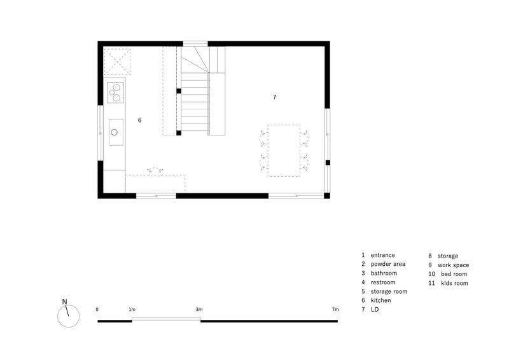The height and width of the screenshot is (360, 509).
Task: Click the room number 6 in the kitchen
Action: (x=139, y=120)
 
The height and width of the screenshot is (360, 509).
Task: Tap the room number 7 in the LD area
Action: (x=275, y=97)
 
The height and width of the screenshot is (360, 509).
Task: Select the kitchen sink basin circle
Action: (x=115, y=132)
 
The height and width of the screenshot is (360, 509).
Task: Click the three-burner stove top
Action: (x=115, y=92)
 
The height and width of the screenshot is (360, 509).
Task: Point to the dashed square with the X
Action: (x=117, y=62)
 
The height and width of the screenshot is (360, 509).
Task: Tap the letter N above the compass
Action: (x=65, y=302)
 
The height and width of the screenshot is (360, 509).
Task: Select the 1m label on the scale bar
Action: (x=132, y=309)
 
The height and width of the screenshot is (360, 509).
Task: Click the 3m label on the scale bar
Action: (x=199, y=309)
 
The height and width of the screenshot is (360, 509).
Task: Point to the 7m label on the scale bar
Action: (x=335, y=309)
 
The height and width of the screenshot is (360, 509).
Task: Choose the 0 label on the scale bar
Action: (x=97, y=309)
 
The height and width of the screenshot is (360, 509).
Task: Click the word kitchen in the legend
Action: (x=380, y=300)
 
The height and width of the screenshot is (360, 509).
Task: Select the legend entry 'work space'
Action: (x=453, y=265)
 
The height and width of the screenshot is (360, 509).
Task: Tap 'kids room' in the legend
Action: (x=454, y=283)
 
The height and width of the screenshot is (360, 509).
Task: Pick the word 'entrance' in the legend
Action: (x=383, y=255)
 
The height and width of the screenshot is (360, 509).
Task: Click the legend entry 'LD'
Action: (x=375, y=309)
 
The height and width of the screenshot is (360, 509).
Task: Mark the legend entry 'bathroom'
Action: (x=384, y=273)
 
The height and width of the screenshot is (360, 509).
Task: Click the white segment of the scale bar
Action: (x=166, y=319)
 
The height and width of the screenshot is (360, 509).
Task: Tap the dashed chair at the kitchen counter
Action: (x=155, y=171)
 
